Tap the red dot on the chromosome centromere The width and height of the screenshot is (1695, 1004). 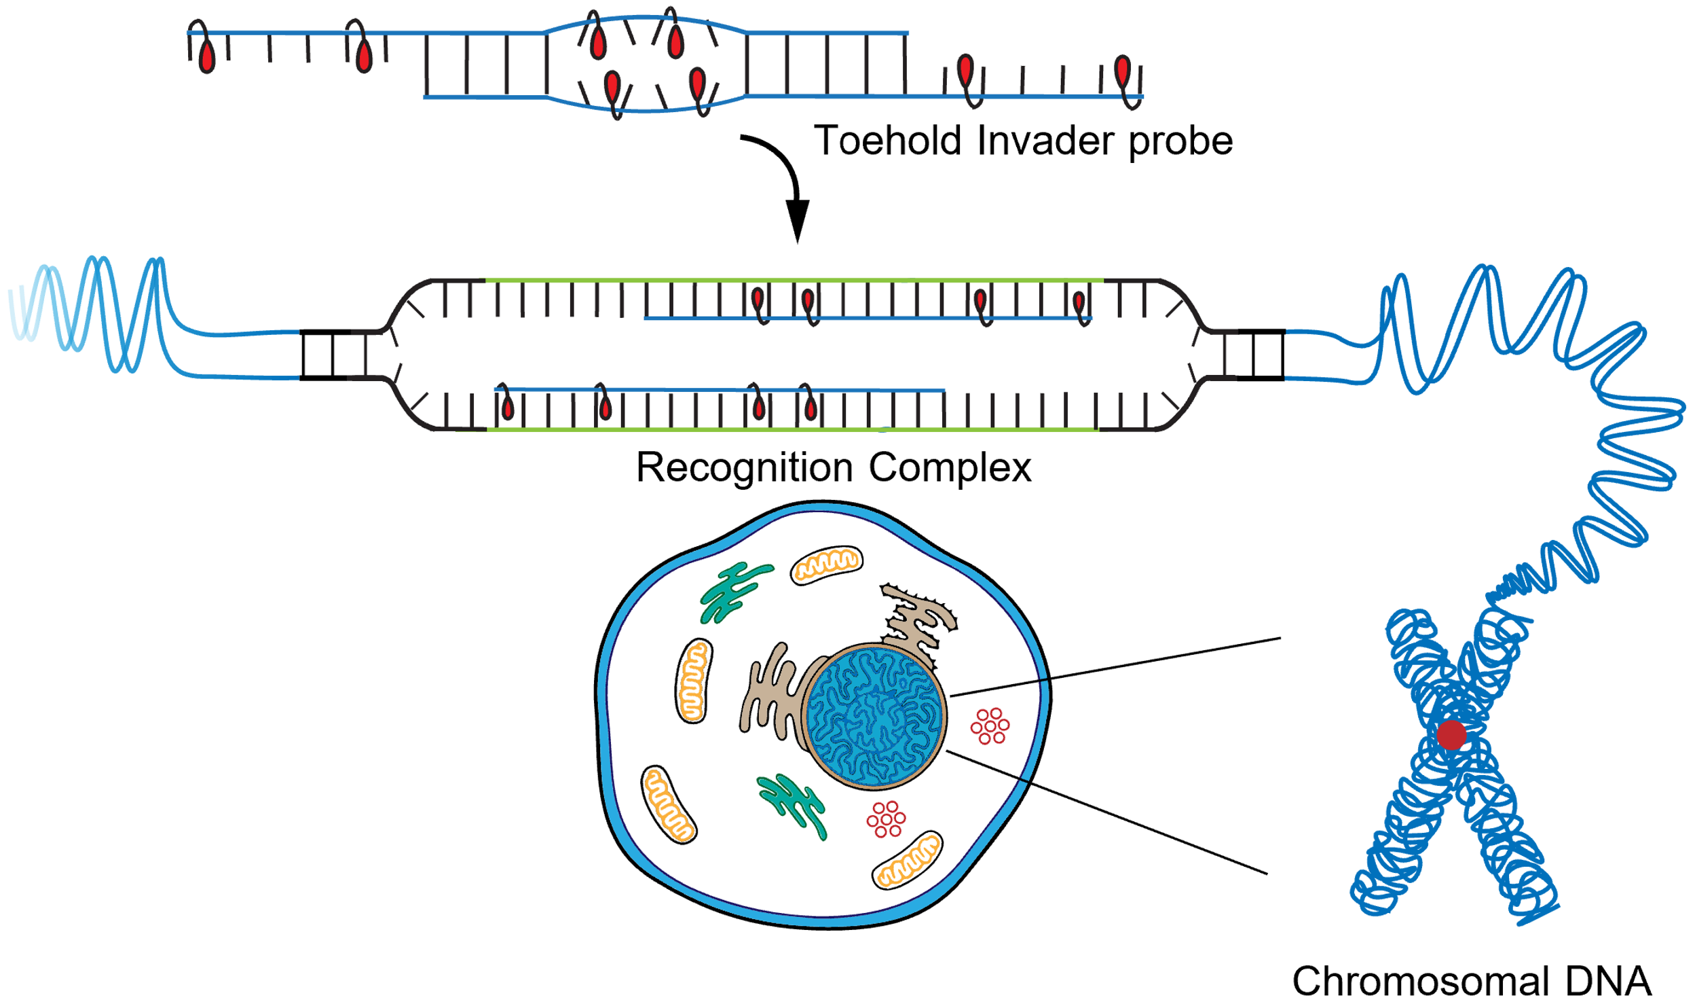(1451, 735)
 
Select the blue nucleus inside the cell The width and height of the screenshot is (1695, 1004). (874, 717)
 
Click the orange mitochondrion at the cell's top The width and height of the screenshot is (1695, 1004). (826, 564)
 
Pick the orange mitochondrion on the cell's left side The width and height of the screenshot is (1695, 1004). (693, 681)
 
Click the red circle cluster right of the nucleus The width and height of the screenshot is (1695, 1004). (990, 725)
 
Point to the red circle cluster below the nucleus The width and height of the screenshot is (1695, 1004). (886, 819)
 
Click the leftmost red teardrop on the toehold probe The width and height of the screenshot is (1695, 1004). (207, 56)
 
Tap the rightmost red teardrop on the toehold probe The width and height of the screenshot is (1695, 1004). (1123, 70)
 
